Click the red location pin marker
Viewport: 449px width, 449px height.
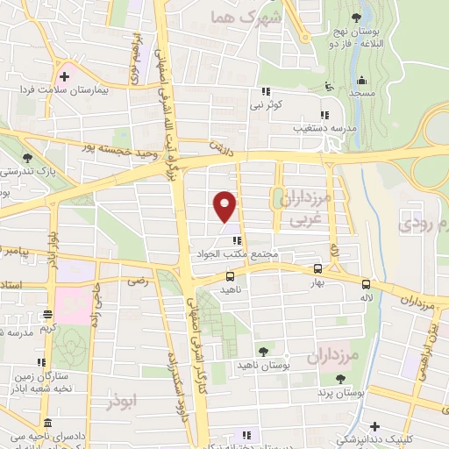point(225,205)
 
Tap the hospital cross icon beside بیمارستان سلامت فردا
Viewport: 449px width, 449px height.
point(64,76)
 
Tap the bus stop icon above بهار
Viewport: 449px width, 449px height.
point(317,269)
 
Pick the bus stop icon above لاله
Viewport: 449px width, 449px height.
point(366,283)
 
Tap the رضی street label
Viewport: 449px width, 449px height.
point(138,282)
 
